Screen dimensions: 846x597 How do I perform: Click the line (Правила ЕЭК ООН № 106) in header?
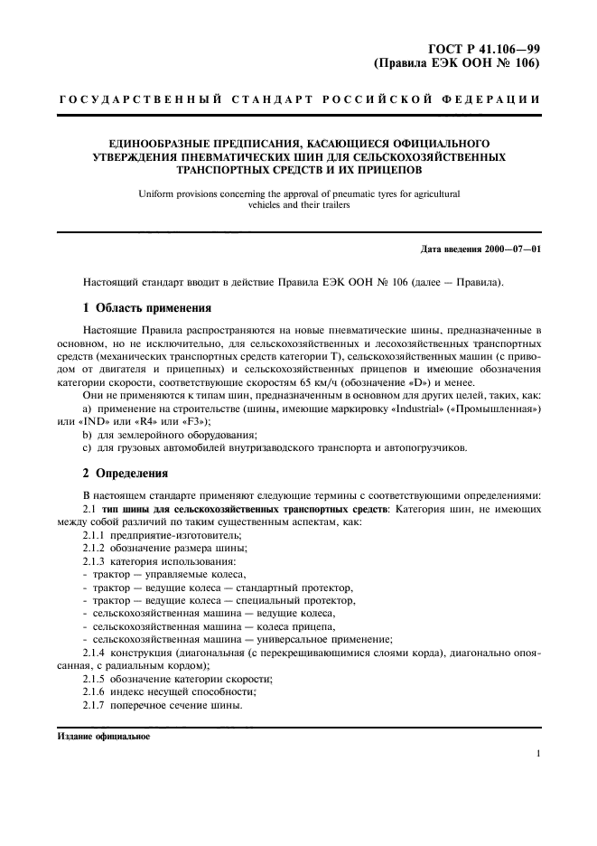click(457, 65)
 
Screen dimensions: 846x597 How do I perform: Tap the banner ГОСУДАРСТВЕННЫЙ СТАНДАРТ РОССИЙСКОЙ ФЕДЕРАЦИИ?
click(299, 99)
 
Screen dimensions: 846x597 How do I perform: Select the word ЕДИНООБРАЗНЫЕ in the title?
click(162, 143)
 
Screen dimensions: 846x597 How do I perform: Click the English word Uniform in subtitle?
click(155, 193)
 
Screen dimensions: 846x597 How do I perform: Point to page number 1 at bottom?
click(537, 754)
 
